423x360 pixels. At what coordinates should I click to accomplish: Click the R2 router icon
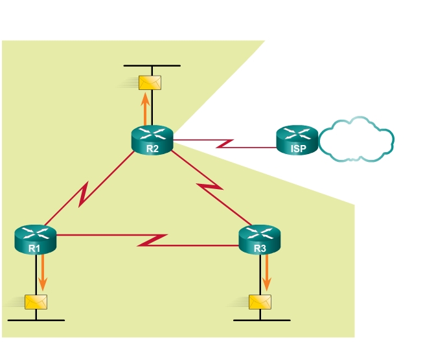point(152,139)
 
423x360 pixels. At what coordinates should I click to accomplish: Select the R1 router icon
point(36,238)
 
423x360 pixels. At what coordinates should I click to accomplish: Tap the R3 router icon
point(260,238)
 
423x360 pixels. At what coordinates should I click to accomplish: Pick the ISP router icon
point(297,139)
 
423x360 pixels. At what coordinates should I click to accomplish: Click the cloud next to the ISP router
point(356,139)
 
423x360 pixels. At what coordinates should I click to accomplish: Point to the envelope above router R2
point(150,82)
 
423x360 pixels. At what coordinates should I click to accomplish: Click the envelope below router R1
point(35,302)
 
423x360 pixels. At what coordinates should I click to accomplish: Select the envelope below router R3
point(260,302)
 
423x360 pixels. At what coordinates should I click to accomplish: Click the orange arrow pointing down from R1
point(43,272)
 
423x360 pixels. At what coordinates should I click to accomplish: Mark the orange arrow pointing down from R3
point(266,272)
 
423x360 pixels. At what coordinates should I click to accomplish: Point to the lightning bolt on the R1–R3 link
point(154,240)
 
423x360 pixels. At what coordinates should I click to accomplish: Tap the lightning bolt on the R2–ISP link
point(225,143)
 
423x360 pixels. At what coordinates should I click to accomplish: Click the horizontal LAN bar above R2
point(152,66)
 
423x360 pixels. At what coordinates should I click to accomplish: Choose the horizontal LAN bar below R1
point(36,320)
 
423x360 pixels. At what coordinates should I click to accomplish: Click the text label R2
point(152,148)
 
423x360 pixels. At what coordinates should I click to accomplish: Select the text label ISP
point(297,148)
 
